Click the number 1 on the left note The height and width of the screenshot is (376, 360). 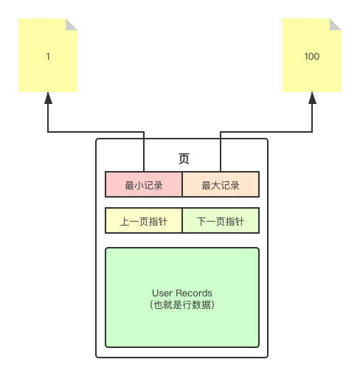48,56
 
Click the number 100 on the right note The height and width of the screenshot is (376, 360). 312,56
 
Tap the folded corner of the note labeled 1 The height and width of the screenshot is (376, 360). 72,24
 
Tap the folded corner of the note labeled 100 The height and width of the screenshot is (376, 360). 336,24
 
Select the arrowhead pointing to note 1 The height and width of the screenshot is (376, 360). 48,98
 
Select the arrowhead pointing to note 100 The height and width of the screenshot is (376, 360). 312,98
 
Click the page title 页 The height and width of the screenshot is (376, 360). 184,159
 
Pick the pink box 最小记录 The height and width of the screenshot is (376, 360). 144,185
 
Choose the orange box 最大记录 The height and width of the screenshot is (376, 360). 221,185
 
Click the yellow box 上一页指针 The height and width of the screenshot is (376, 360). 144,221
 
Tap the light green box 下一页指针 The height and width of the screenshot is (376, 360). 221,221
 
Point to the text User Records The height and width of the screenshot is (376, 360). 181,293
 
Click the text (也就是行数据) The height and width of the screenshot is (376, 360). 181,304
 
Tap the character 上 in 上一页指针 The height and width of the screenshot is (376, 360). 125,221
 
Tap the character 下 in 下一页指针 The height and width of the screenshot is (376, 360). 201,221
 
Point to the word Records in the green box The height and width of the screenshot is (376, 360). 194,293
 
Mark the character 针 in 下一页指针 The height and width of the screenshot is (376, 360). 240,221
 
